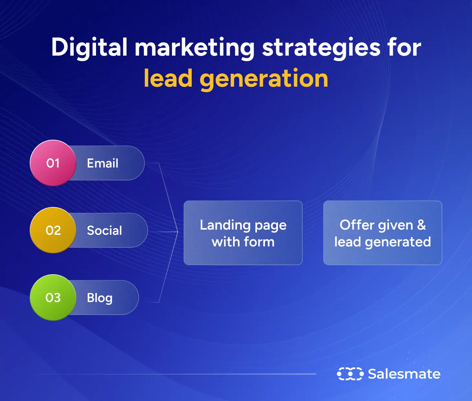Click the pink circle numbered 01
[x=53, y=163]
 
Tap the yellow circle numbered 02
[x=53, y=230]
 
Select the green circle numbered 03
[x=53, y=298]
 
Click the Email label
[x=102, y=163]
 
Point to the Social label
[x=104, y=230]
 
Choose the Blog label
[x=100, y=298]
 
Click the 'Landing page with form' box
[x=243, y=233]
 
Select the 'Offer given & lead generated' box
[x=382, y=233]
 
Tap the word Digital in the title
[x=89, y=48]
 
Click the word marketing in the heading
[x=194, y=48]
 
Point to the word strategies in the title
[x=321, y=48]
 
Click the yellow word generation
[x=264, y=79]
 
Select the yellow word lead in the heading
[x=168, y=79]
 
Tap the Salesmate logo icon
[x=350, y=374]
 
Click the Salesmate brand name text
[x=404, y=374]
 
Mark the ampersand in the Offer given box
[x=421, y=225]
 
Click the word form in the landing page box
[x=259, y=242]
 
